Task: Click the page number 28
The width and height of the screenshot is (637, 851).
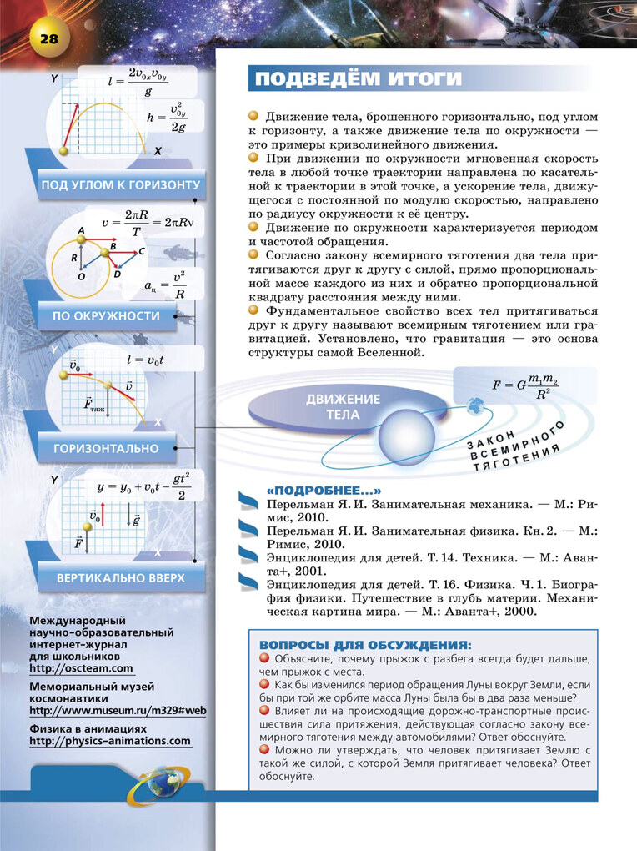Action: coord(42,38)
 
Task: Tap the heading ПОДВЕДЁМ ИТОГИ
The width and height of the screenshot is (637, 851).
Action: coord(358,78)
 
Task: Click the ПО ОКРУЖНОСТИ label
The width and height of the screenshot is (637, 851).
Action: coord(106,315)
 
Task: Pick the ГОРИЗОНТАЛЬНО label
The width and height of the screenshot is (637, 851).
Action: coord(106,448)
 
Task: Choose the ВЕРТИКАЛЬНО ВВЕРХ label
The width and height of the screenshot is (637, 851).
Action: coord(120,577)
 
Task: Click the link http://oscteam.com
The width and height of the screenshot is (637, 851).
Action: coord(81,668)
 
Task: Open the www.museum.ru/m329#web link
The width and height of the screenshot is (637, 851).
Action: coord(118,711)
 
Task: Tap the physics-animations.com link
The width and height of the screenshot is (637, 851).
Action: coord(110,741)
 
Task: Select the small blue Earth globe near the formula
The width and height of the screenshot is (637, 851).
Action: coord(476,406)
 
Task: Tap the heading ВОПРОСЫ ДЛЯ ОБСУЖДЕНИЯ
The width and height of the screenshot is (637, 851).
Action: coord(365,645)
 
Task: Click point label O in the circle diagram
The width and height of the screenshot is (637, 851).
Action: coord(81,276)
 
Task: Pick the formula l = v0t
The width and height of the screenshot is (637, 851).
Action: coord(147,360)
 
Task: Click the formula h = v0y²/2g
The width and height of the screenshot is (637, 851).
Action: coord(168,118)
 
